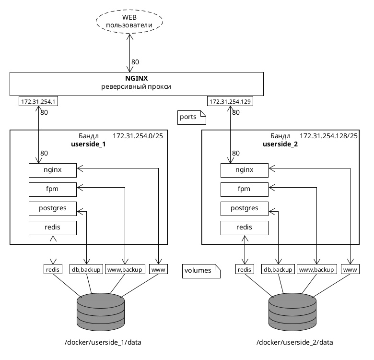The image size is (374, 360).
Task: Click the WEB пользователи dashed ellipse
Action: [x=129, y=21]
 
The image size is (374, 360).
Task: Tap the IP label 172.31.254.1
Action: [x=38, y=102]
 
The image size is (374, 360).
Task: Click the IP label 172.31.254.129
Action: [x=230, y=102]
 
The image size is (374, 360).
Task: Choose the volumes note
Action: [x=201, y=271]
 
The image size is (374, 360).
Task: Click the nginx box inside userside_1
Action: [x=53, y=170]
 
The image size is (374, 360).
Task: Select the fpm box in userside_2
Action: [x=245, y=189]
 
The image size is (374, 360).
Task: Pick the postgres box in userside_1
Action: [x=53, y=208]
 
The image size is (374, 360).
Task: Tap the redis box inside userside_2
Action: [x=245, y=228]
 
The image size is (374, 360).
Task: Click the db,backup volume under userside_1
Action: [x=86, y=270]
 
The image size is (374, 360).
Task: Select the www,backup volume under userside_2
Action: [x=316, y=270]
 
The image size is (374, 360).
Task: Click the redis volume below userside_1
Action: [x=52, y=270]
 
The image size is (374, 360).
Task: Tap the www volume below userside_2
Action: [x=351, y=270]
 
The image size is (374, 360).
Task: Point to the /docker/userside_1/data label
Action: [x=103, y=342]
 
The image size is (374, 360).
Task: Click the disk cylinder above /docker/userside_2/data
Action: [x=292, y=312]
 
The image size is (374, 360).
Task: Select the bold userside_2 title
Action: [x=280, y=144]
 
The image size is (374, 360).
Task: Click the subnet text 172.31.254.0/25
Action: [x=138, y=136]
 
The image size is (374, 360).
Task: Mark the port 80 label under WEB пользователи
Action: [x=135, y=62]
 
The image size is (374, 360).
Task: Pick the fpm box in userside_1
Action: [x=53, y=189]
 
